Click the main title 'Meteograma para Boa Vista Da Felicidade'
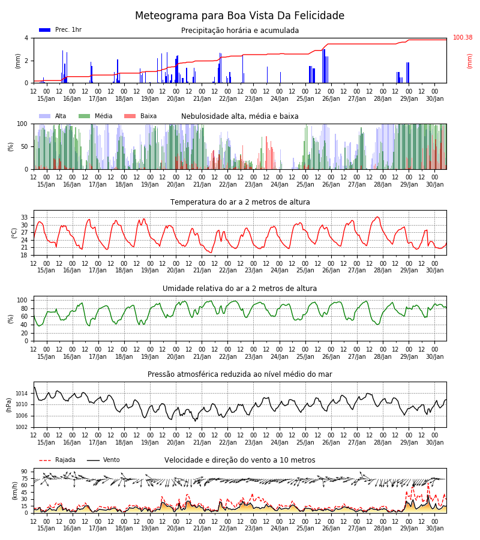click(239, 16)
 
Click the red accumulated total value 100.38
click(463, 37)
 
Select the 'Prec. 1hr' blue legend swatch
click(45, 30)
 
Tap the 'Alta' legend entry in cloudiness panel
click(53, 116)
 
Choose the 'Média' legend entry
click(95, 116)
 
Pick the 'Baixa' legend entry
click(140, 116)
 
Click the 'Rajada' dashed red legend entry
click(57, 460)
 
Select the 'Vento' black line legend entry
click(103, 460)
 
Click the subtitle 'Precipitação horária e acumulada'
click(240, 31)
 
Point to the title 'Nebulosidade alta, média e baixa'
click(239, 116)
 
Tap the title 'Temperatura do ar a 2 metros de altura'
click(240, 202)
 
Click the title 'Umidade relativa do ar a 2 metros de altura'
click(239, 288)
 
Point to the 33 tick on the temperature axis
click(25, 218)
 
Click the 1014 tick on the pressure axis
click(22, 393)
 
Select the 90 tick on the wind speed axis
click(25, 472)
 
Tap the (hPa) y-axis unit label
click(9, 405)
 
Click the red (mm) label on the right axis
click(469, 61)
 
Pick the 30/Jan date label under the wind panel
click(434, 528)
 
